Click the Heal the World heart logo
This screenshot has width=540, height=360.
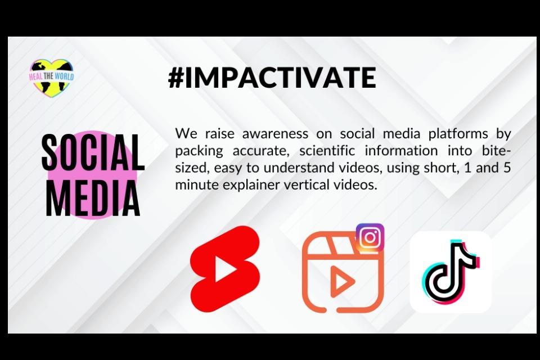click(x=51, y=76)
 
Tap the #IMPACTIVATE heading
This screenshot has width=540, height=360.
click(x=272, y=78)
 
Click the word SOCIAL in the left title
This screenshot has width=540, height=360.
click(x=93, y=152)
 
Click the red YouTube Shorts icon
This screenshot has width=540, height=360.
click(x=225, y=269)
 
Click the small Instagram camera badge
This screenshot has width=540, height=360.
click(x=370, y=237)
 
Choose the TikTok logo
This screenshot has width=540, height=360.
click(x=450, y=272)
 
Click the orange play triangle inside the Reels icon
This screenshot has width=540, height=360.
click(x=341, y=281)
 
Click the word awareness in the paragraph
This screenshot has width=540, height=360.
click(x=275, y=134)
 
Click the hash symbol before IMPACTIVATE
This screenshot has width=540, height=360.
click(x=176, y=78)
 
